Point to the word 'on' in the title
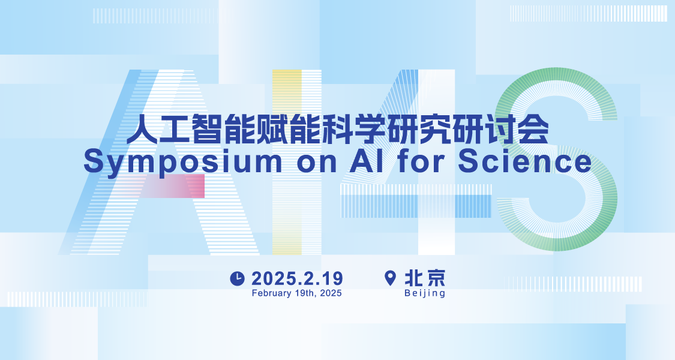coord(316,164)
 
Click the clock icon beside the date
coord(237,278)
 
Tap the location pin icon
coord(390,278)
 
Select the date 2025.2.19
coord(297,278)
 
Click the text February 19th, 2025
coord(296,293)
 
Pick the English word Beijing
coord(424,293)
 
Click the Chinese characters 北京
coord(424,278)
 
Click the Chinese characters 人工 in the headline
coord(158,128)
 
